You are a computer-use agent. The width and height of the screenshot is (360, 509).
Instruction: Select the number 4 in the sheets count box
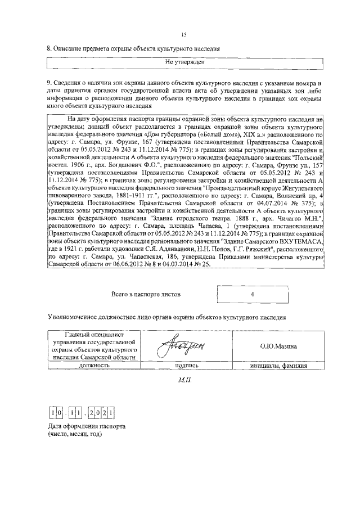(253, 294)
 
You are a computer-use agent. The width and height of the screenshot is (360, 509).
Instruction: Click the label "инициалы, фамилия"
(278, 365)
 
